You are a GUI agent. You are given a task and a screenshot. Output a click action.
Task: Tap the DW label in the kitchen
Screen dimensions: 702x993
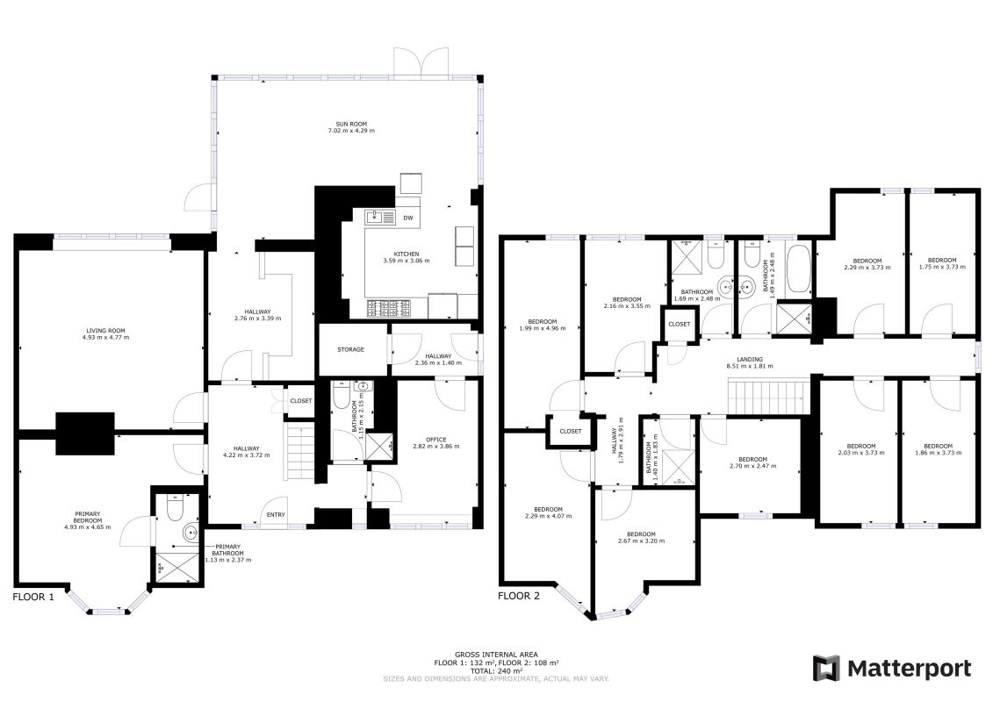tap(407, 218)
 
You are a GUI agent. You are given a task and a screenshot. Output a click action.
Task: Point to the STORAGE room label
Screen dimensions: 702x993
tap(350, 349)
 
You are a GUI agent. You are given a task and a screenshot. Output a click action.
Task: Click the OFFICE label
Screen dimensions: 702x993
tap(436, 440)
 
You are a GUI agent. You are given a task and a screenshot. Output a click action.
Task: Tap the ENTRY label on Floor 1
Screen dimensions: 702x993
tap(276, 515)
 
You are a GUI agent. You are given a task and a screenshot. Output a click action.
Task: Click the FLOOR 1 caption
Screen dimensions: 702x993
tap(33, 596)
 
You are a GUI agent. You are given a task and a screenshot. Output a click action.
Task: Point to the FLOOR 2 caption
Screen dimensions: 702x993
tap(519, 596)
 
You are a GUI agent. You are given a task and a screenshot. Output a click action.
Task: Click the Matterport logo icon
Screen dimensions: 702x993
tap(827, 669)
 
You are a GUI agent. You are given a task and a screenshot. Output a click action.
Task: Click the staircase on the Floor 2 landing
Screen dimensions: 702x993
tap(768, 397)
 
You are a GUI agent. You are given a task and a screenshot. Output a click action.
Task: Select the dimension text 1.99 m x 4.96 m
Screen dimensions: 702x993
tap(541, 328)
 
